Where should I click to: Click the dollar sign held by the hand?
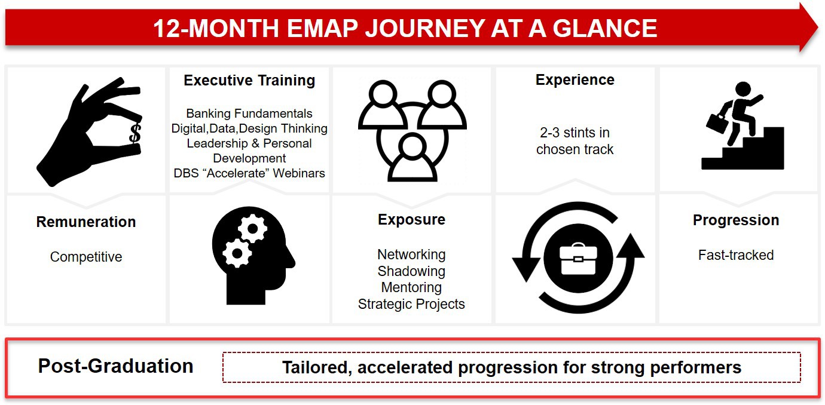click(135, 133)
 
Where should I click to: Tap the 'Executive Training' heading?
click(249, 80)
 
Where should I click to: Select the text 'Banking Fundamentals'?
click(249, 113)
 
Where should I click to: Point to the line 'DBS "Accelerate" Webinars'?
click(249, 173)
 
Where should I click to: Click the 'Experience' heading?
click(575, 80)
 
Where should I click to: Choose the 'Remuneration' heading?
click(86, 222)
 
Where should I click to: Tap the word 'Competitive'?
click(86, 257)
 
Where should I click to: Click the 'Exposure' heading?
click(411, 220)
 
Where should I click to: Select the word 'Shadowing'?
click(411, 271)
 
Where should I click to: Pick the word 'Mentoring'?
click(411, 287)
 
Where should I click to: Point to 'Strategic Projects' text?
click(411, 304)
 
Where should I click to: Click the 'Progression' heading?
click(736, 220)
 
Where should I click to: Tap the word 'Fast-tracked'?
click(736, 255)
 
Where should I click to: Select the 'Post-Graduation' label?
click(115, 366)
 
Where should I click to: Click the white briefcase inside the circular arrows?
click(578, 259)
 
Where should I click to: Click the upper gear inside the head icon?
click(252, 229)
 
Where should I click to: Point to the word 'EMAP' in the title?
click(322, 28)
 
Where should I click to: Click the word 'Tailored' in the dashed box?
click(316, 367)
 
